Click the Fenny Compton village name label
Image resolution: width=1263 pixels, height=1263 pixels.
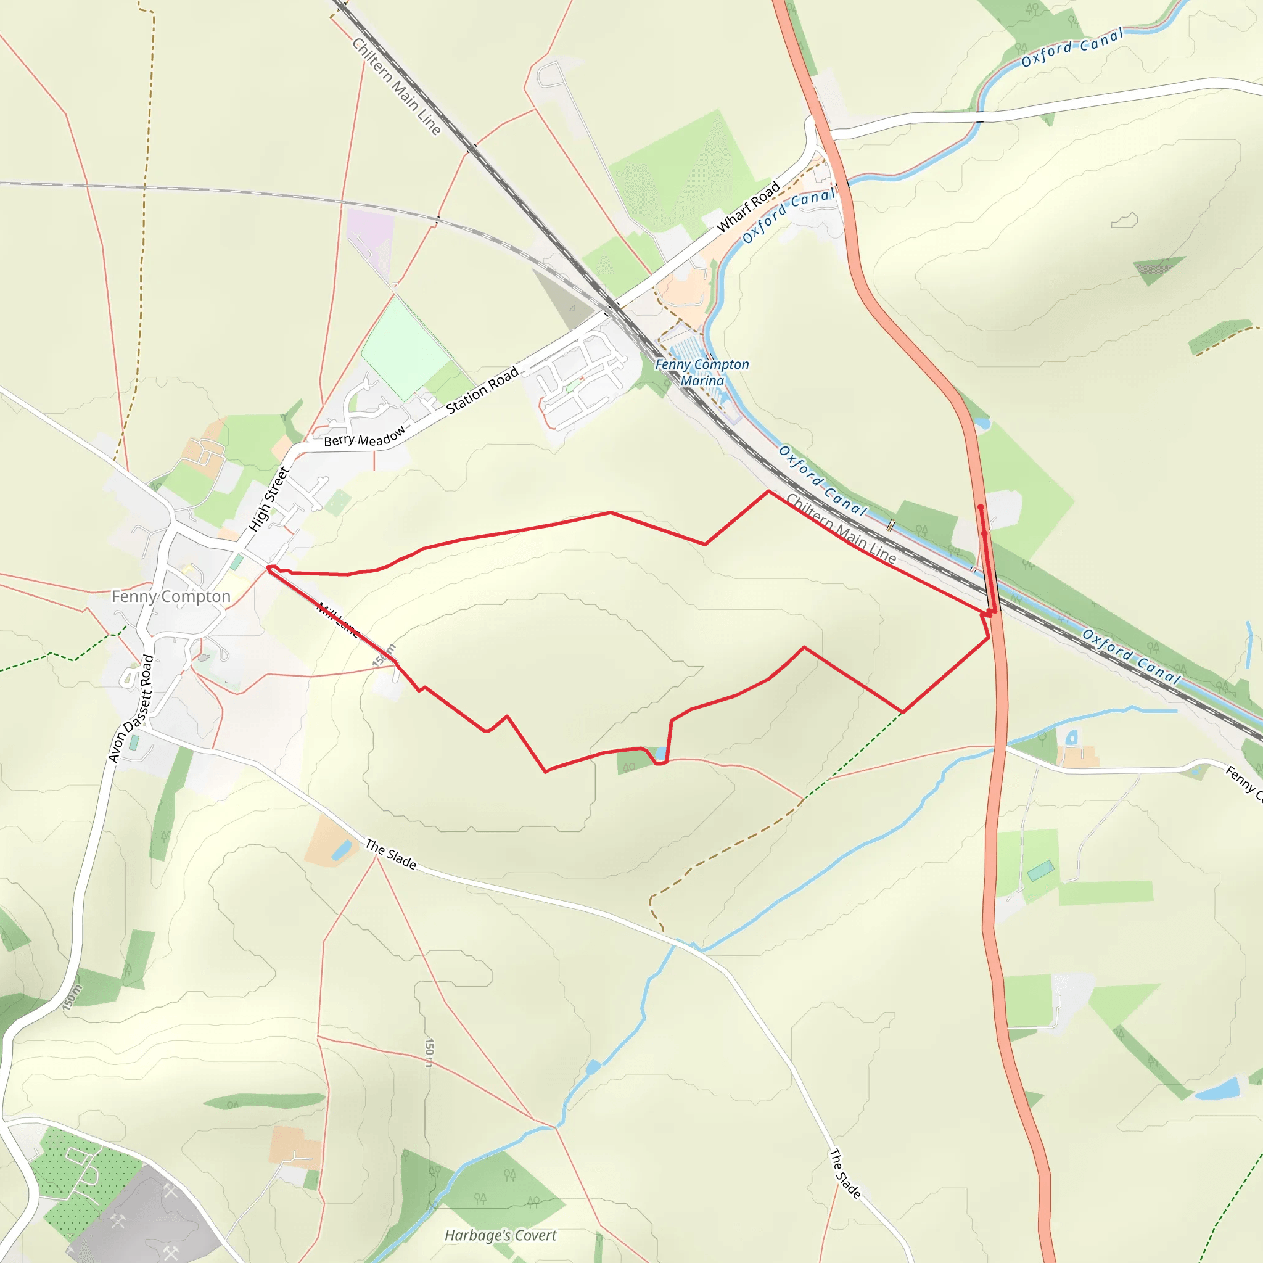(171, 596)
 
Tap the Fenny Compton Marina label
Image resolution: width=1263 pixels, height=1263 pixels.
(702, 372)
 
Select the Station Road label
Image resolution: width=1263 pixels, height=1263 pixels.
(482, 390)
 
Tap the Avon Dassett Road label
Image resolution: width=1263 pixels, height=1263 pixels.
(131, 709)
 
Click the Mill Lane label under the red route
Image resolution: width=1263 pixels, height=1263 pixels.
(338, 620)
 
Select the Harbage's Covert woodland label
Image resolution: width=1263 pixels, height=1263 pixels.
(500, 1235)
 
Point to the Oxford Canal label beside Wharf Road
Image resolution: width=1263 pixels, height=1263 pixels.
(788, 215)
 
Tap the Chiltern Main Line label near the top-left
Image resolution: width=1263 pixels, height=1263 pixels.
(396, 86)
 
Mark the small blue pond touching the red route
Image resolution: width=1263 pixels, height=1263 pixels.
(661, 754)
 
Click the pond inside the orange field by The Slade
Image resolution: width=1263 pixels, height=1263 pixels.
(341, 850)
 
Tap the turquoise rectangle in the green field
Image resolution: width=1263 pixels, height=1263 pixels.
(1040, 871)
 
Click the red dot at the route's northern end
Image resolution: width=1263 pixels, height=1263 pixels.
(980, 508)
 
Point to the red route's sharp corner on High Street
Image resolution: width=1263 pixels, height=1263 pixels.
(269, 569)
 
